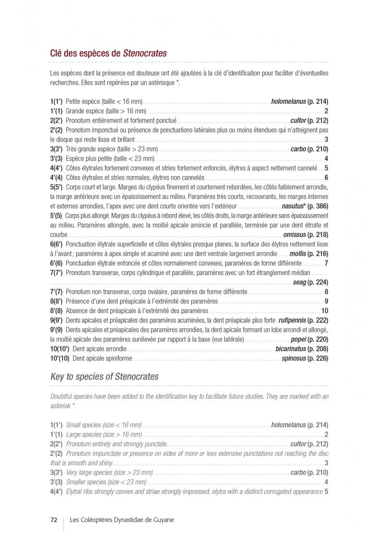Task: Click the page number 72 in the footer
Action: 53,520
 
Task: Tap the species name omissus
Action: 294,235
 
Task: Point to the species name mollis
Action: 297,254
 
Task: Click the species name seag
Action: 299,282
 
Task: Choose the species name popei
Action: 298,339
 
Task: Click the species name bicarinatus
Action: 291,349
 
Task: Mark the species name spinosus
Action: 294,359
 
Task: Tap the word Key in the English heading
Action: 57,377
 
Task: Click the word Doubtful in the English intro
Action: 61,397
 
